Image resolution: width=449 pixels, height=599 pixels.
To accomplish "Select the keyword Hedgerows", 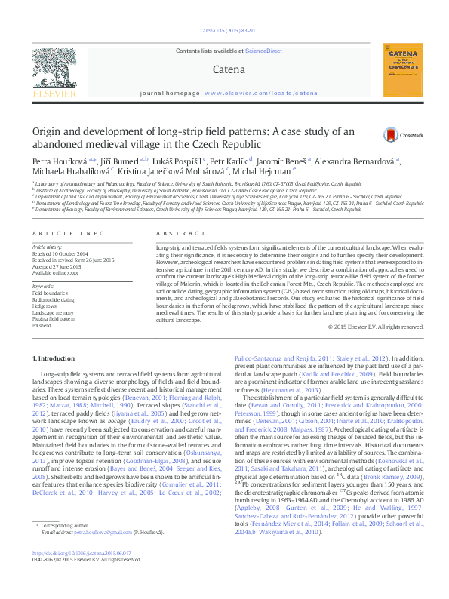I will (44, 305).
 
